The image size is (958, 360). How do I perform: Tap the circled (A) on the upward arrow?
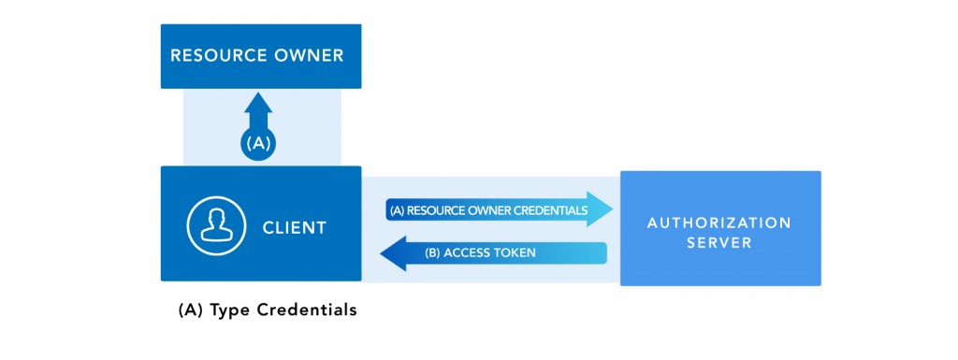pos(258,145)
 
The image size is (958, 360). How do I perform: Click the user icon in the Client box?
pos(214,225)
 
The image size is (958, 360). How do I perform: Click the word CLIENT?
pos(294,227)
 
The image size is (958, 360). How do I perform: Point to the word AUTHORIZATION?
pos(718,223)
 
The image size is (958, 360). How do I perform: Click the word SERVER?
pos(718,243)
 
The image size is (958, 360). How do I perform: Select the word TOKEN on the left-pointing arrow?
pos(515,253)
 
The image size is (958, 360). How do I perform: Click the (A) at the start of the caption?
pos(190,310)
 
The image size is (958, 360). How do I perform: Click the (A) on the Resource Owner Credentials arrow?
pos(396,210)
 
